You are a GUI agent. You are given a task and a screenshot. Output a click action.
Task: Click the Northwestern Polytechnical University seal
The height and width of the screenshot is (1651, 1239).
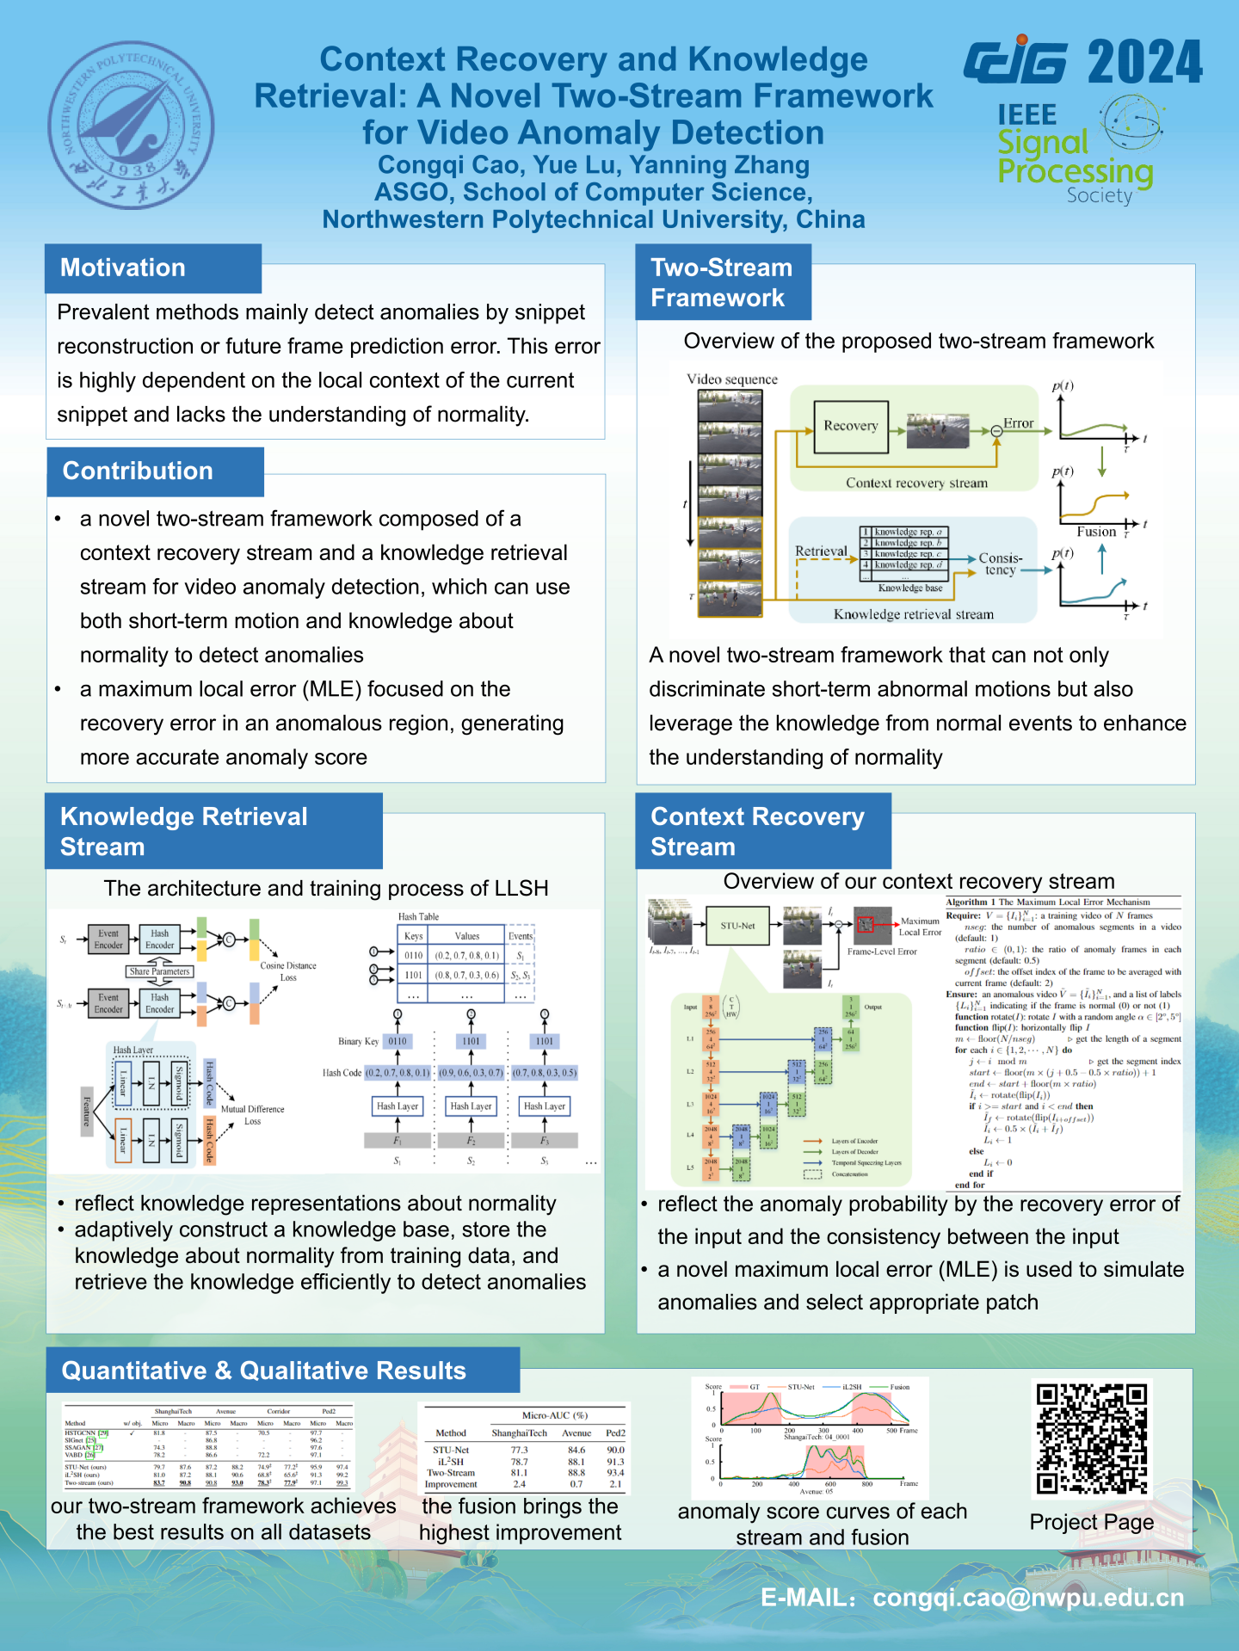tap(131, 126)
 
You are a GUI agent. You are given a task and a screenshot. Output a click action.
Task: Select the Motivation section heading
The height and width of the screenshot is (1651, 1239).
tap(123, 268)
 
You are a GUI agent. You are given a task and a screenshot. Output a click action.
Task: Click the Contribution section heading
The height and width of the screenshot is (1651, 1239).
tap(138, 471)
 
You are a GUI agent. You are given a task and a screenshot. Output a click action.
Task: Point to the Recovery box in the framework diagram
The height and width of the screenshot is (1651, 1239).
tap(850, 426)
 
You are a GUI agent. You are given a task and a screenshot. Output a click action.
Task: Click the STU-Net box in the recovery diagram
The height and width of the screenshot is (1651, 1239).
tap(737, 926)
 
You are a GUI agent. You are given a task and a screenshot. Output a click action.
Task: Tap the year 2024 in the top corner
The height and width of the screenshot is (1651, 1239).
tap(1144, 62)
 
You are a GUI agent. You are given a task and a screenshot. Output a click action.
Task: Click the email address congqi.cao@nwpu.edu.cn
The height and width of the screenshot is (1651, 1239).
tap(1027, 1598)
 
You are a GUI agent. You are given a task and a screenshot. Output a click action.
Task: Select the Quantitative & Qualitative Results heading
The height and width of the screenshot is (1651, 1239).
tap(263, 1371)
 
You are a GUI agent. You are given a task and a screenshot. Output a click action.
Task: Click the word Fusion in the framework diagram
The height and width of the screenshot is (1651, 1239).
tap(1096, 532)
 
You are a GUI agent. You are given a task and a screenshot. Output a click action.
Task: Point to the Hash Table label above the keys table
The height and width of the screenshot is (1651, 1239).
tap(418, 917)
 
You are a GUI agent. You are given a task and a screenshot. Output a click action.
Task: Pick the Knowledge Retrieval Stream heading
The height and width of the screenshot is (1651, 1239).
tap(184, 831)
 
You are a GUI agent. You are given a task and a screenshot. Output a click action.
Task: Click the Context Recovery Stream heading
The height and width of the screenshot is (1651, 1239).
tap(757, 831)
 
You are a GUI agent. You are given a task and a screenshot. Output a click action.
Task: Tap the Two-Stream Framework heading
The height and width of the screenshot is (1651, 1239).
tap(721, 282)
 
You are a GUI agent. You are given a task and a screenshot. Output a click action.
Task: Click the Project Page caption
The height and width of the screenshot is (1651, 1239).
tap(1091, 1522)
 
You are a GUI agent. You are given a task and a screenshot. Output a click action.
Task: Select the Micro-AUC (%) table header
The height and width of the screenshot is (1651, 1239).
tap(554, 1415)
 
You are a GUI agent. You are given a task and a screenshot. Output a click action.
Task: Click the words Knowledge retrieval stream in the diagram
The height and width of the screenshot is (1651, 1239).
tap(913, 614)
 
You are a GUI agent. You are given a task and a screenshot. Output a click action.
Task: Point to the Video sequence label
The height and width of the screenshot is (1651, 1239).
tap(731, 379)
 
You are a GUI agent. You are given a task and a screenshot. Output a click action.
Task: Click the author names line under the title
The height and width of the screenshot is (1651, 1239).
tap(594, 164)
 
